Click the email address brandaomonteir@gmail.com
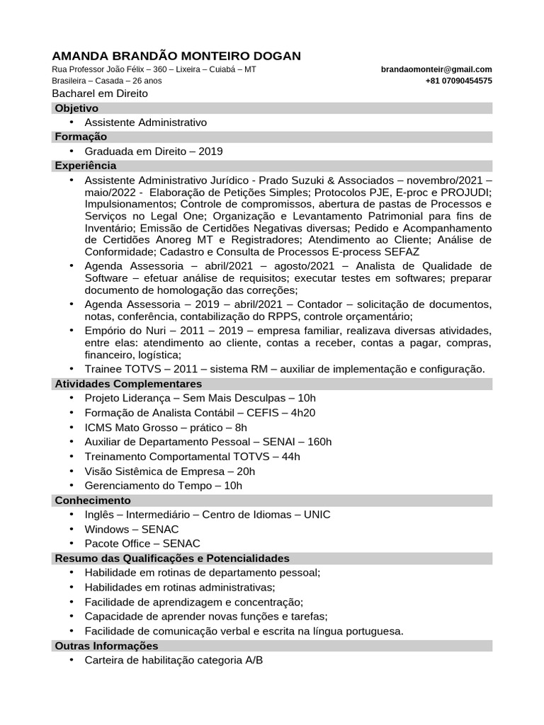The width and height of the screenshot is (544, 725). (x=436, y=69)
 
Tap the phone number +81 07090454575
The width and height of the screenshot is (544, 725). (x=459, y=81)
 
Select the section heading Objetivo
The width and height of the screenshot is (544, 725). (x=76, y=108)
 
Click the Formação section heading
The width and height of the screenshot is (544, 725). (x=81, y=137)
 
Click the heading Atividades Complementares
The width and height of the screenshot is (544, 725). (x=128, y=384)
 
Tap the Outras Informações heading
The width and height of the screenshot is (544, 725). (x=106, y=646)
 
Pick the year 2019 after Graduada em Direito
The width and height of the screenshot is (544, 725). (x=210, y=152)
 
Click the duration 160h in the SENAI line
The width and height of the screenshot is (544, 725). (x=319, y=442)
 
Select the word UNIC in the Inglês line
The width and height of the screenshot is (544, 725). (x=317, y=515)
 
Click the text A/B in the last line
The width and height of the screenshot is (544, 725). (x=254, y=661)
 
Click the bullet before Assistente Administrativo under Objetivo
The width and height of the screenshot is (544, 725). (x=72, y=122)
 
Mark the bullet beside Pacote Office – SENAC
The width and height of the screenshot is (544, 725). (x=72, y=543)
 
